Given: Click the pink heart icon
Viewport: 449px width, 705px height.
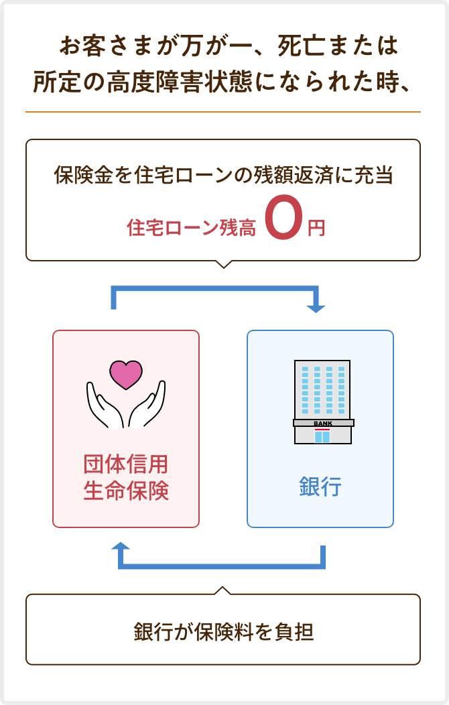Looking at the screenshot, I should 126,374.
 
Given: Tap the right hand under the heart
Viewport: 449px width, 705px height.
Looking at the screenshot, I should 147,406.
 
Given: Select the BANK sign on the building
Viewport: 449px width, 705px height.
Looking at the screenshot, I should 323,424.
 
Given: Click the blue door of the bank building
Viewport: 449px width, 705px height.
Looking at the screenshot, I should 323,436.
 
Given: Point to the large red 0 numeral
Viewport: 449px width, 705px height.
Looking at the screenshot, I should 282,217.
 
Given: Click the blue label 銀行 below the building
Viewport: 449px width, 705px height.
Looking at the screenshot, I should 320,487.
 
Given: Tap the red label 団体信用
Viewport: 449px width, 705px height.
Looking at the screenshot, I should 126,464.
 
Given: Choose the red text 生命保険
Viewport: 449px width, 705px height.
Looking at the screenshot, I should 126,491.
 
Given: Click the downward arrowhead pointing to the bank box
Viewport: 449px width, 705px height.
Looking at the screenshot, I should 316,308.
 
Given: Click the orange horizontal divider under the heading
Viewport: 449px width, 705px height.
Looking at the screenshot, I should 223,111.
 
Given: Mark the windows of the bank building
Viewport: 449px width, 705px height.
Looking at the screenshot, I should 322,389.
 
